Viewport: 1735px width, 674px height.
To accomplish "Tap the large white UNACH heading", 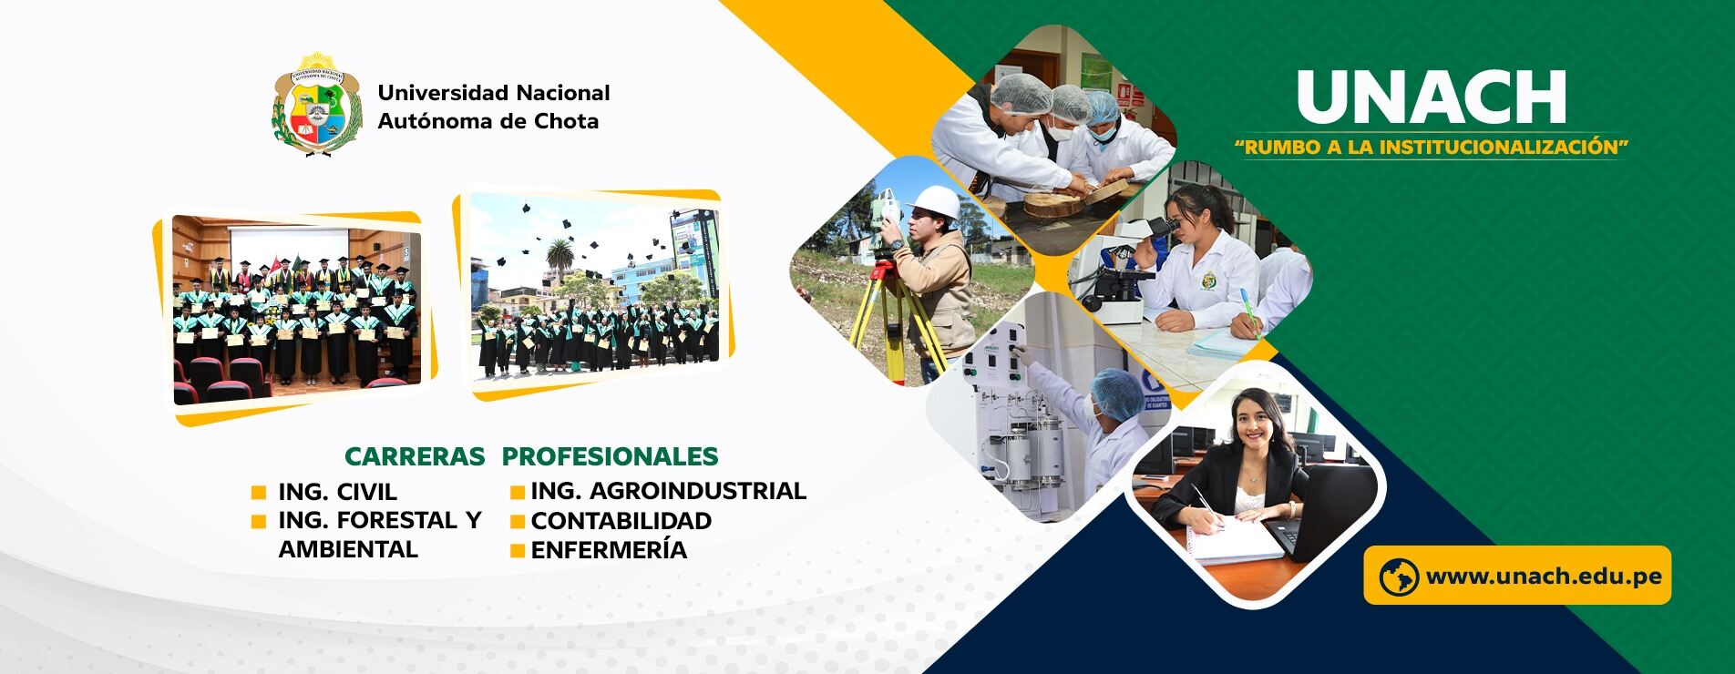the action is pyautogui.click(x=1431, y=97).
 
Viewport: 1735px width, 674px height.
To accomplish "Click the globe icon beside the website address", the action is pyautogui.click(x=1399, y=577).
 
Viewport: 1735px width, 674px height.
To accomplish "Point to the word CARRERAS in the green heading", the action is pyautogui.click(x=415, y=456).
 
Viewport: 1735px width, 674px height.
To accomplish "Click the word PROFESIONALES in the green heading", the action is pyautogui.click(x=610, y=456).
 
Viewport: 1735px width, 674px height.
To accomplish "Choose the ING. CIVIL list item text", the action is pyautogui.click(x=337, y=492).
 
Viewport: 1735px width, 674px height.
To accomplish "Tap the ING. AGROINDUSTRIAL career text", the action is pyautogui.click(x=669, y=491).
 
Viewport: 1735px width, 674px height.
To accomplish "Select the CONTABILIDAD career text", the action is pyautogui.click(x=621, y=521).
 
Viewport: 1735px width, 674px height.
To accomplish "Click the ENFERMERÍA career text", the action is pyautogui.click(x=609, y=549).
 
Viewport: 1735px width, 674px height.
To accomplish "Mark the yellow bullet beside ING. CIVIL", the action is pyautogui.click(x=259, y=493).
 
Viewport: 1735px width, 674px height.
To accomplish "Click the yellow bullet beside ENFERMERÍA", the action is pyautogui.click(x=518, y=550).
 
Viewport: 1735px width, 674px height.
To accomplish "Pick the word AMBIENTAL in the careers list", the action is pyautogui.click(x=348, y=549).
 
